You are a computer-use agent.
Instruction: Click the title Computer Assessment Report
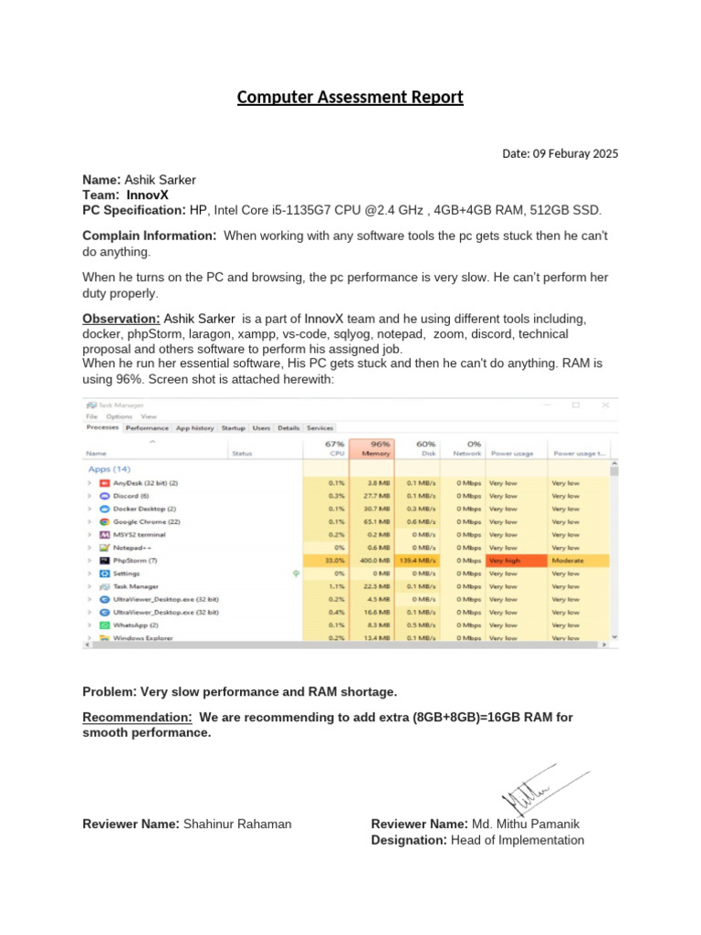(x=350, y=97)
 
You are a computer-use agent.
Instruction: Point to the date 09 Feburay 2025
(x=574, y=153)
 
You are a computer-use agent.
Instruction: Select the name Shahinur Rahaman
(x=237, y=824)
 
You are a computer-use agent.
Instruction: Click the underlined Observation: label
(x=121, y=319)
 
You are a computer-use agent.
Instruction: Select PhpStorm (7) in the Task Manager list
(x=135, y=560)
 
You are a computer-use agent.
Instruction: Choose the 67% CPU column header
(x=333, y=448)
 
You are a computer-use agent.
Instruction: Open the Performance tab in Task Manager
(x=147, y=427)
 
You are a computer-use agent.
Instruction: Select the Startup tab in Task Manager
(x=233, y=427)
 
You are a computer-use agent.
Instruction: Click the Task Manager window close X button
(x=605, y=404)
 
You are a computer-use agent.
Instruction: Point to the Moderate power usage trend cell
(x=567, y=560)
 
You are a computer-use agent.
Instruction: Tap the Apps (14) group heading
(x=110, y=468)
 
